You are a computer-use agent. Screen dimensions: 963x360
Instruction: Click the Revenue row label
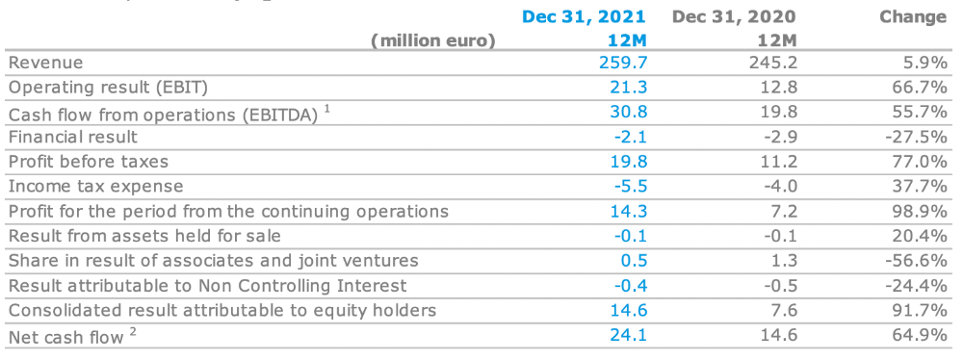[46, 63]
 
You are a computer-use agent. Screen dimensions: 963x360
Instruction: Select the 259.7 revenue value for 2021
[623, 63]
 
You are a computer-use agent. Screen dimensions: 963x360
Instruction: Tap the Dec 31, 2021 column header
[585, 16]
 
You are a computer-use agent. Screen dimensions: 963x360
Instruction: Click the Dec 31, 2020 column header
[735, 16]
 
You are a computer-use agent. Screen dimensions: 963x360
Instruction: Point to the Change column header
[913, 16]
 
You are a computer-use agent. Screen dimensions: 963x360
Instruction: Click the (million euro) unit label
[433, 41]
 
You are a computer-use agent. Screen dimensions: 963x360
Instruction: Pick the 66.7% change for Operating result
[919, 88]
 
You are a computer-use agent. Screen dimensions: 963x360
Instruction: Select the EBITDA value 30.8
[630, 112]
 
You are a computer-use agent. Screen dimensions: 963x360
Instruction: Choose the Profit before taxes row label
[89, 162]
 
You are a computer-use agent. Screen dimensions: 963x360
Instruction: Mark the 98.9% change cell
[919, 212]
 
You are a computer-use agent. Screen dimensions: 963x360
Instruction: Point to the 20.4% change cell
[919, 236]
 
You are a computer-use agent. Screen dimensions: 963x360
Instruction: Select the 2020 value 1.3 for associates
[785, 261]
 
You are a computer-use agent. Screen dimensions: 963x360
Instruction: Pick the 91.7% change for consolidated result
[919, 310]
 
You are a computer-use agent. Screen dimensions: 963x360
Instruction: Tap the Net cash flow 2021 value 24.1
[630, 335]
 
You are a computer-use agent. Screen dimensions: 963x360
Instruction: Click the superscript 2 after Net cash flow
[133, 330]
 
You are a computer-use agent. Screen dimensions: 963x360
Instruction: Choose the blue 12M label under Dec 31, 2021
[627, 41]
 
